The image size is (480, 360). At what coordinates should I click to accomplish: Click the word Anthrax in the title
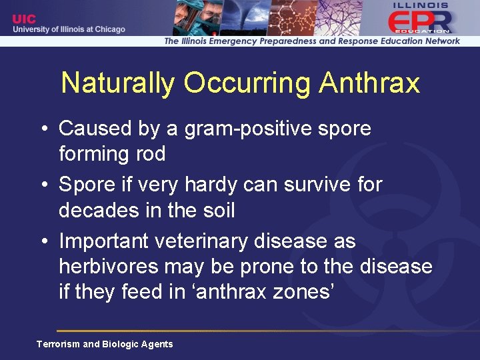coord(369,83)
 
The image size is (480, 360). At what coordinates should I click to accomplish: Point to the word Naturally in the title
coord(118,83)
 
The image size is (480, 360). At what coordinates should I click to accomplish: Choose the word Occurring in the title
coord(247,83)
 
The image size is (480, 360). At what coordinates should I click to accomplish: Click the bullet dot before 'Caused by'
coord(43,128)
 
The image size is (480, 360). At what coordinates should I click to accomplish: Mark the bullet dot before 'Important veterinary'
coord(43,241)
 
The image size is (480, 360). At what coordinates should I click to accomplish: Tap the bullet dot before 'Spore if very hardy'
coord(43,185)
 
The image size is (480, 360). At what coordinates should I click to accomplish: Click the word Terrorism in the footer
coord(57,344)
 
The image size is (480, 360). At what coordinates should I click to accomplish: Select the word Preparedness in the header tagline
coord(279,41)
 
